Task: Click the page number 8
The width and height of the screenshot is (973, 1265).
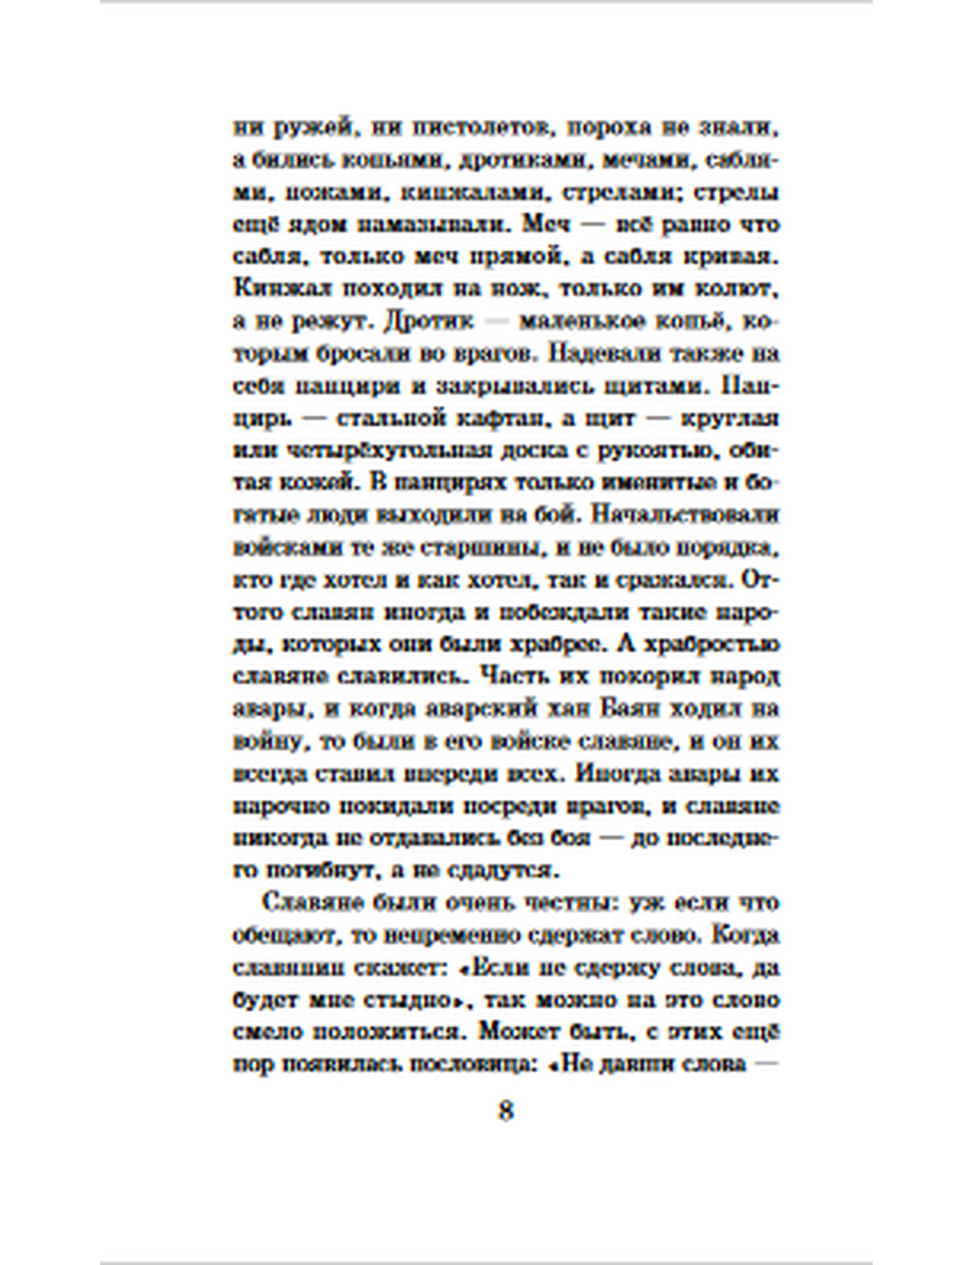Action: [x=505, y=1111]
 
